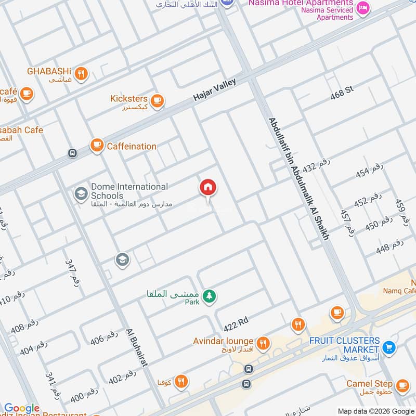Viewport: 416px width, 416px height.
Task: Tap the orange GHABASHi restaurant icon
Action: point(81,74)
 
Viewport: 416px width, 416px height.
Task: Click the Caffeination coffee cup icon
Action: point(97,146)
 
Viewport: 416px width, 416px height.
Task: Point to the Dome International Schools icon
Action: point(81,194)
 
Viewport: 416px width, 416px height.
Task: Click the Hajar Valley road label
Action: point(214,89)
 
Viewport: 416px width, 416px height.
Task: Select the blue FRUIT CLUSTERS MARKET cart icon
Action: point(388,346)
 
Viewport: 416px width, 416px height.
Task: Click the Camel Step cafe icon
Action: point(402,386)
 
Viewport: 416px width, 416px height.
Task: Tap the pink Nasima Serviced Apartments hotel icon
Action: point(363,7)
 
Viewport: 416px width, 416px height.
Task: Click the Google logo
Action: point(22,409)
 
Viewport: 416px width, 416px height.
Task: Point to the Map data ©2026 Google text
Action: point(375,411)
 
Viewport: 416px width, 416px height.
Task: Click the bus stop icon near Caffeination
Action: point(72,153)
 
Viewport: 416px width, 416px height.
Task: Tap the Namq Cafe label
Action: point(399,291)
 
